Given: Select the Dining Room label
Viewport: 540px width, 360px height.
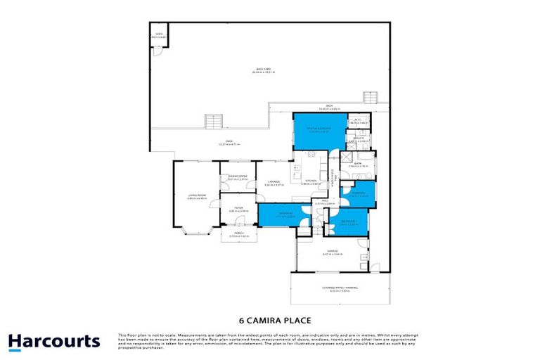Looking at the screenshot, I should coord(238,178).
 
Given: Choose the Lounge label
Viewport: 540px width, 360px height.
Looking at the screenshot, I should coord(274,184).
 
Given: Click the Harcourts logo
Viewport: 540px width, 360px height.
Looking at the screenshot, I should coord(54,342).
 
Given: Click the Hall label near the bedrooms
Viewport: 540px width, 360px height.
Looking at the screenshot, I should coord(324,202).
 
